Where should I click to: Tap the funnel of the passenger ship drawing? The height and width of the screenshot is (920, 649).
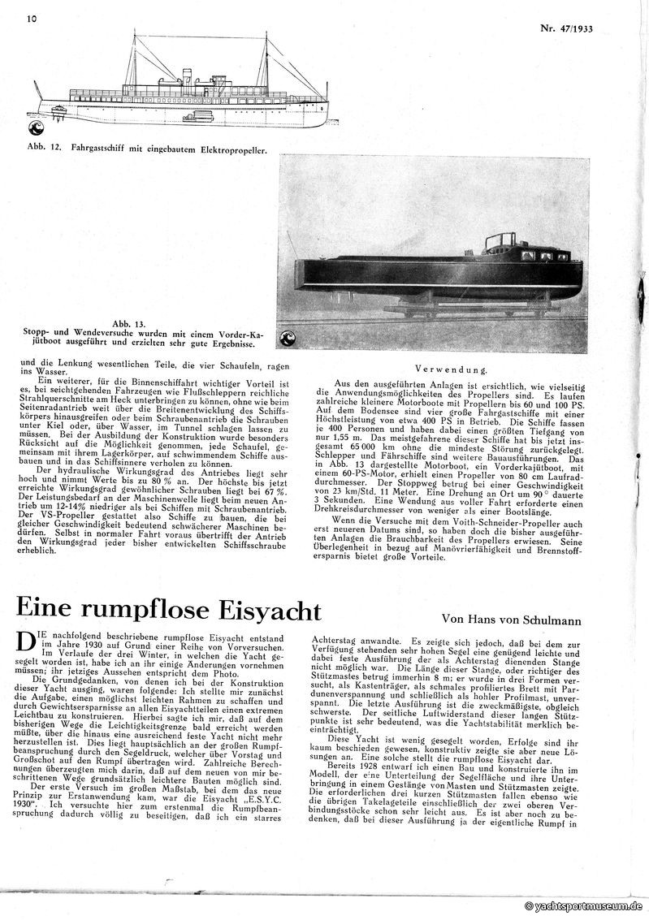click(x=186, y=78)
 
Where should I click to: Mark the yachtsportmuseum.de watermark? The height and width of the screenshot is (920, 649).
click(x=585, y=905)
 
